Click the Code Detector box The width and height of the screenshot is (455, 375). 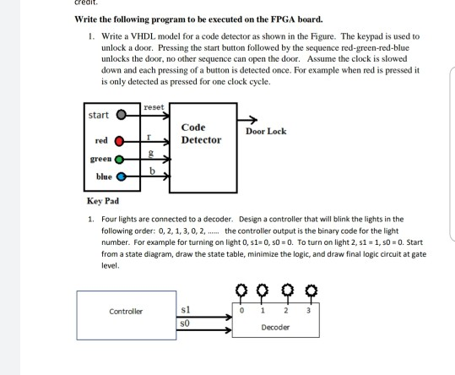(202, 139)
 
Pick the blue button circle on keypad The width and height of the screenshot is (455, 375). (122, 177)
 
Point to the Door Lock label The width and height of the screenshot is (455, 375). (266, 132)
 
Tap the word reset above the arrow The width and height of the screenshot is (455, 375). (153, 107)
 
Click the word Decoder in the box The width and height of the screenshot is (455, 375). (276, 326)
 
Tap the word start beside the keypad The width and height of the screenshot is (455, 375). (100, 115)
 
